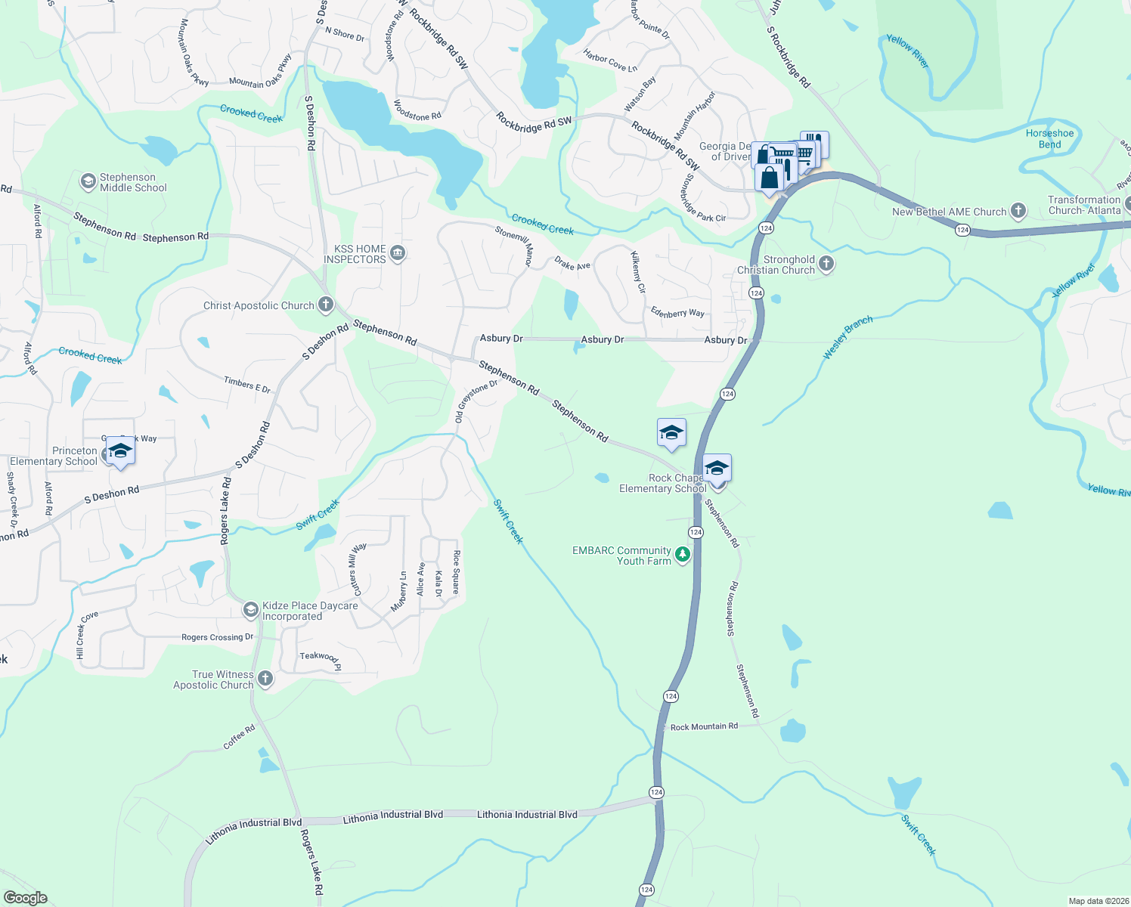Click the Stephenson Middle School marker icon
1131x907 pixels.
[88, 181]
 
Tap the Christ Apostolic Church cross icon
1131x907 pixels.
[326, 305]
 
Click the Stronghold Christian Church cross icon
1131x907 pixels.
[826, 264]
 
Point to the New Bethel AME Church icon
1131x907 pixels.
[1018, 211]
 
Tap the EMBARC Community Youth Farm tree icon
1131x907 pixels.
[683, 556]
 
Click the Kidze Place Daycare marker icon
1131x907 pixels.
[250, 610]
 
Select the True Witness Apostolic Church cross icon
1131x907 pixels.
[265, 678]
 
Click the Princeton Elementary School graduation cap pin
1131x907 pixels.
[120, 451]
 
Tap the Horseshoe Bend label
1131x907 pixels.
[1049, 139]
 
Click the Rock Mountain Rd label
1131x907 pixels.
[704, 727]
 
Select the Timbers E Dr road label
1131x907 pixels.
[247, 385]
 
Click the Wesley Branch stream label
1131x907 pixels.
[847, 337]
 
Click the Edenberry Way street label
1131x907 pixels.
[677, 312]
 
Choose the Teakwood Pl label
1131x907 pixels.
[321, 660]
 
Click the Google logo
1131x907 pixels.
[26, 898]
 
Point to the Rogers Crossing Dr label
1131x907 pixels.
[218, 637]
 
